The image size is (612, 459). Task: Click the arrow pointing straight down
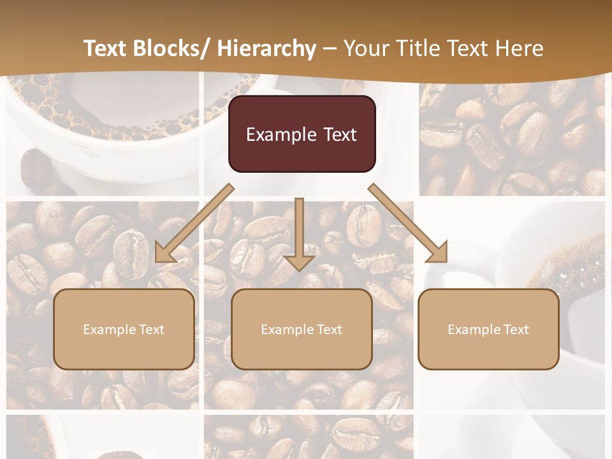299,233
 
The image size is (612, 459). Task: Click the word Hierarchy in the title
266,48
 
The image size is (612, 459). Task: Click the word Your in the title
365,48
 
